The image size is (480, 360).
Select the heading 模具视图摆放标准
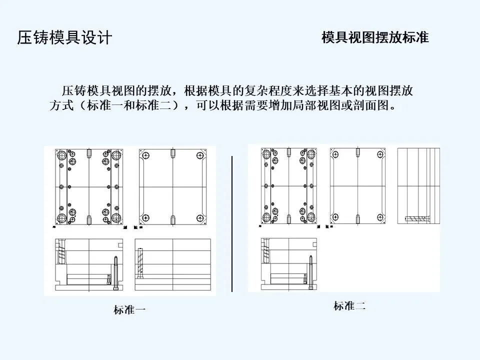click(x=375, y=38)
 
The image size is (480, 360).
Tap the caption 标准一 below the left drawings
click(x=129, y=310)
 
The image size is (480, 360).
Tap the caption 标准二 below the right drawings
click(x=349, y=306)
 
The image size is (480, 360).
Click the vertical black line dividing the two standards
click(x=232, y=223)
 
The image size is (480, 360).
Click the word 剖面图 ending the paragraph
click(x=372, y=106)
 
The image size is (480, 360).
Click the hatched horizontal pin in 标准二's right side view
click(x=417, y=219)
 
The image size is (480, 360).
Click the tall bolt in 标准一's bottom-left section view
click(x=116, y=272)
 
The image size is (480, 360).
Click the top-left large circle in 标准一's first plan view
click(x=62, y=155)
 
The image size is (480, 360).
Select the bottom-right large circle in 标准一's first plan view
click(x=116, y=218)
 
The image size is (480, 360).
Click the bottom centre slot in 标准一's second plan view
click(x=172, y=219)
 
